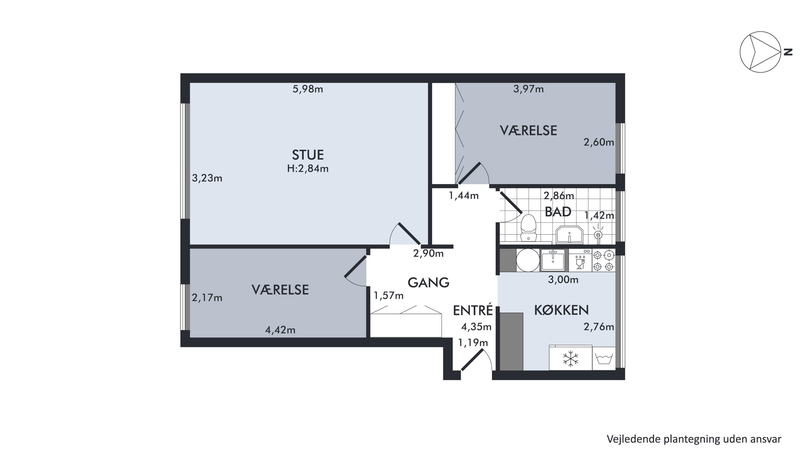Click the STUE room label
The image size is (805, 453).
point(308,155)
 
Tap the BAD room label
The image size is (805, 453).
point(558,212)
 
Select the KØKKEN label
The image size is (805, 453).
point(561,310)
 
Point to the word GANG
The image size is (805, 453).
point(429,282)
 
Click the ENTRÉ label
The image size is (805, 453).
point(473,310)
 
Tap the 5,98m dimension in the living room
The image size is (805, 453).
point(308,89)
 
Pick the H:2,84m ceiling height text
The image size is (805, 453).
point(308,169)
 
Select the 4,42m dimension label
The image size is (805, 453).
point(280,330)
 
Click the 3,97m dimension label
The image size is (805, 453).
point(528,89)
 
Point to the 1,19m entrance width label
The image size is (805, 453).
point(473,343)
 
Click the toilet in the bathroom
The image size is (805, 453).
point(528,228)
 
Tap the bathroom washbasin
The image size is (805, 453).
point(569,234)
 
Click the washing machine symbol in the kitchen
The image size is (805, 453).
point(604,358)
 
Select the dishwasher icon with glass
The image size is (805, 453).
point(580,260)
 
